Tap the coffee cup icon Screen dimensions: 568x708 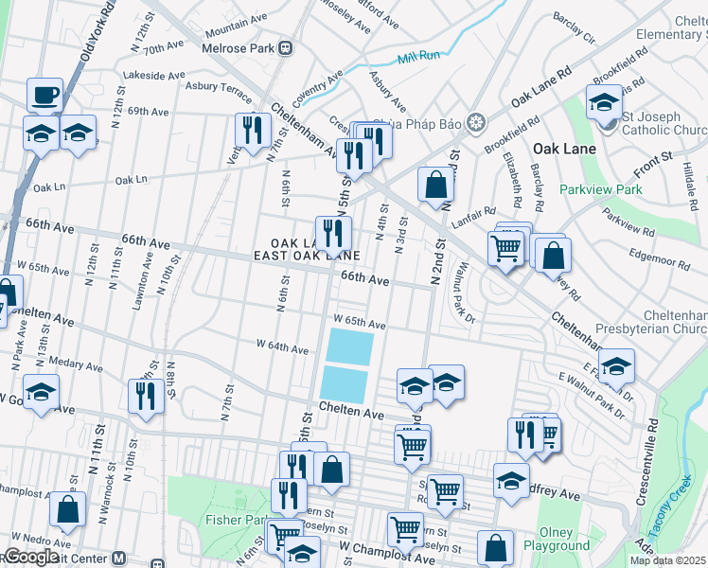[x=44, y=96]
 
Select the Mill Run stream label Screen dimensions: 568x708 [x=419, y=58]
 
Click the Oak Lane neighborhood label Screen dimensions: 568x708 [x=564, y=149]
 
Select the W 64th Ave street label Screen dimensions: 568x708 [x=283, y=348]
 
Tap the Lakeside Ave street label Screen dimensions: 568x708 [x=155, y=76]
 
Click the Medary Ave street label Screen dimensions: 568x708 [x=75, y=364]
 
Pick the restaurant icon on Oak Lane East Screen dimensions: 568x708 [x=333, y=233]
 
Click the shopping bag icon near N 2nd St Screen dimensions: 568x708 [x=435, y=186]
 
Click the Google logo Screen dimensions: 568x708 [x=30, y=558]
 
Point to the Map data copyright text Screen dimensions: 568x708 [x=667, y=560]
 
